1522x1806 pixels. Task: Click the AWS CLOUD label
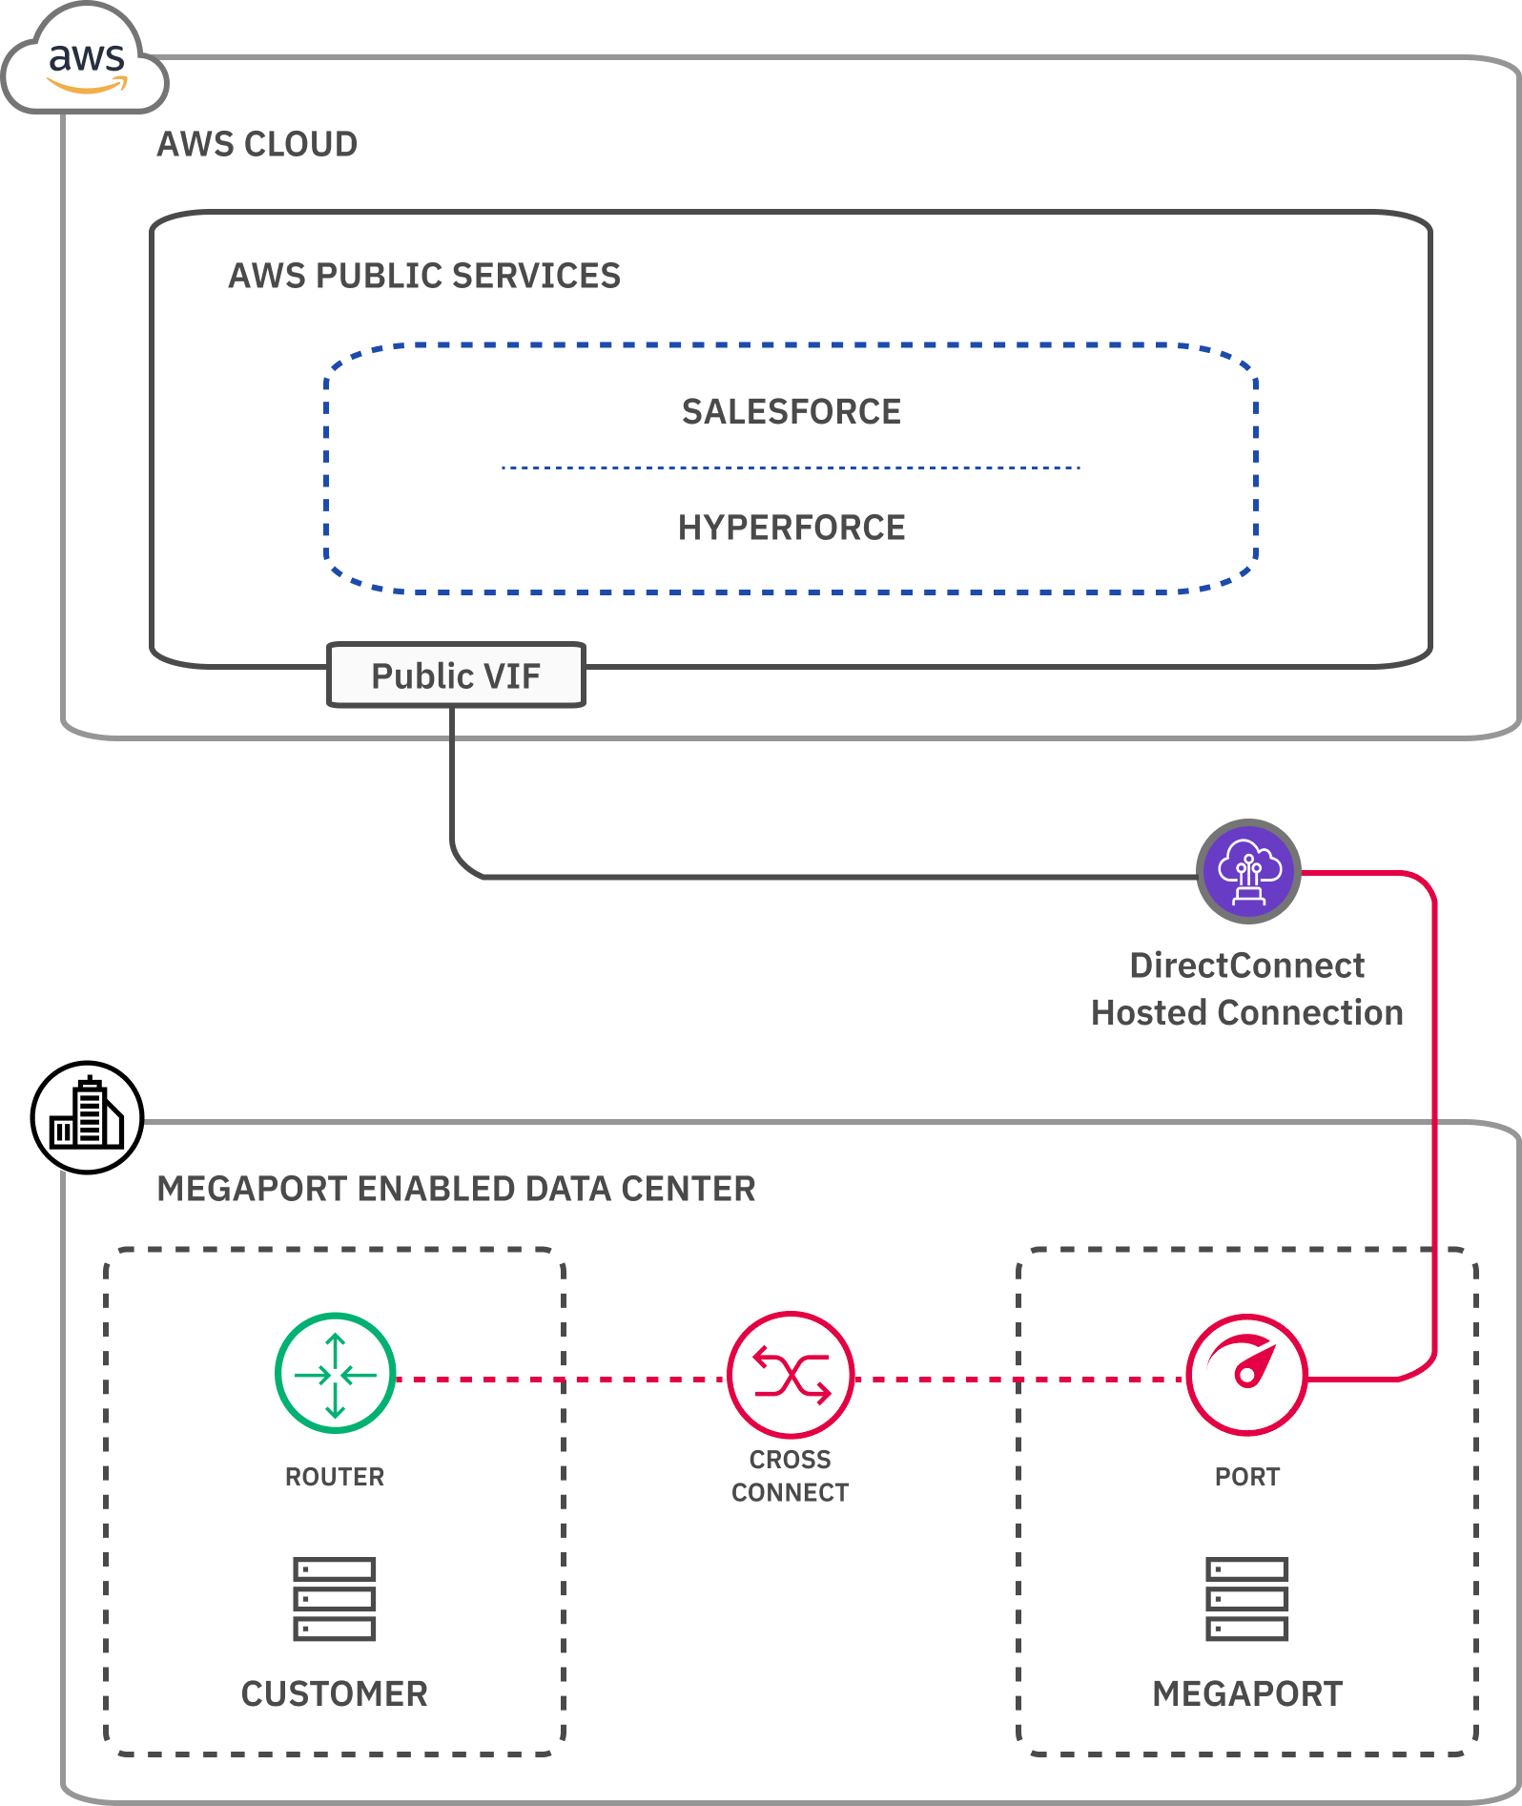point(257,144)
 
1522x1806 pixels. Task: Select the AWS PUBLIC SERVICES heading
point(424,276)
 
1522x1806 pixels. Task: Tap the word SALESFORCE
point(791,412)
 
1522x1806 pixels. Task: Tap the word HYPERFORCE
point(791,528)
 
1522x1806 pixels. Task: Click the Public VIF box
point(456,675)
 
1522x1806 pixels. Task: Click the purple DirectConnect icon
point(1248,871)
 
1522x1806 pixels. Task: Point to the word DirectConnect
point(1246,965)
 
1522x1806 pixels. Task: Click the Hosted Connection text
point(1246,1013)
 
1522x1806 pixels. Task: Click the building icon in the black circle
point(87,1117)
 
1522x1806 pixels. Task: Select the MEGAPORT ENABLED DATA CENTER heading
point(456,1189)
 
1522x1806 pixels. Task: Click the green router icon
point(335,1374)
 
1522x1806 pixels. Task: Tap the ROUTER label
point(335,1477)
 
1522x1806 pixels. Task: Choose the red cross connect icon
point(790,1375)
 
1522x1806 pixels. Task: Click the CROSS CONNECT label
point(790,1476)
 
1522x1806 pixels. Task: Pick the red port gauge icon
point(1246,1375)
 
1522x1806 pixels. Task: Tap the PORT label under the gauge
point(1246,1477)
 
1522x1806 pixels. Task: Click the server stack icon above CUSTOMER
point(335,1598)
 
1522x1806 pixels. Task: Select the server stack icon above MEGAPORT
point(1246,1598)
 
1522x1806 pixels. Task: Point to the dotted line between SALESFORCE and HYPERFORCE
point(791,468)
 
